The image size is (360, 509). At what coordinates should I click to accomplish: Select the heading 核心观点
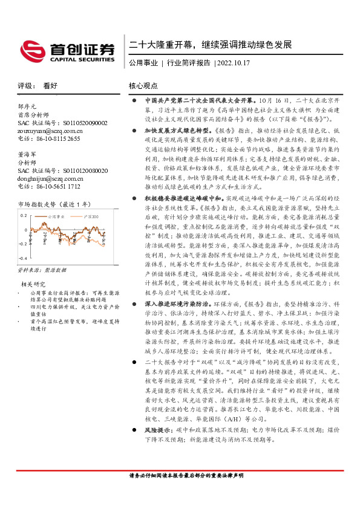tap(143, 86)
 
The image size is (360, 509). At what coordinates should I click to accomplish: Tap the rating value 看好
tap(50, 86)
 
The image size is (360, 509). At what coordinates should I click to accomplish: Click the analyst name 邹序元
tap(28, 105)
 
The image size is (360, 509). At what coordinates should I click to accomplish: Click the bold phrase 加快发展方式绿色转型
tap(177, 129)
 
